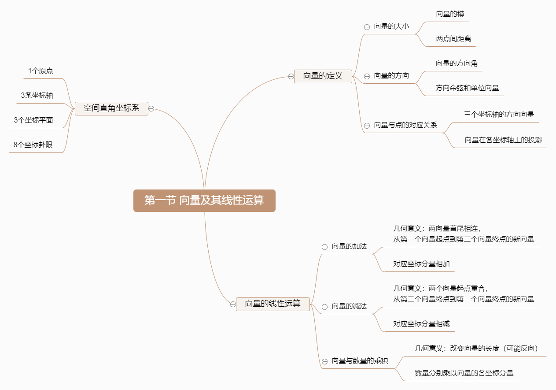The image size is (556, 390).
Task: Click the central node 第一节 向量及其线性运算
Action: click(x=204, y=201)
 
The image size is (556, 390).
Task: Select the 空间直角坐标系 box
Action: click(x=111, y=108)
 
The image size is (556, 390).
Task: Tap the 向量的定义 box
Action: click(x=323, y=76)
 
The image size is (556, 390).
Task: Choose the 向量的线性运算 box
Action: click(x=272, y=304)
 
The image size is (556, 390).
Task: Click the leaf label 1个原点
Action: click(x=41, y=71)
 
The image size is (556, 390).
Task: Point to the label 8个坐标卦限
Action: click(x=33, y=145)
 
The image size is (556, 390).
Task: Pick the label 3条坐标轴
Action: click(x=37, y=95)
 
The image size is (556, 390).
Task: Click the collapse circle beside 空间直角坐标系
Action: click(x=151, y=108)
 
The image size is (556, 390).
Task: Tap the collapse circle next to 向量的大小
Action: click(x=367, y=27)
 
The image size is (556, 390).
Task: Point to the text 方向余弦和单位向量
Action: click(x=467, y=88)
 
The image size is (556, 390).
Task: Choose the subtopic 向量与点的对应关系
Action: click(x=405, y=125)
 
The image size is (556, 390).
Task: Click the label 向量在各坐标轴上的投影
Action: click(x=503, y=140)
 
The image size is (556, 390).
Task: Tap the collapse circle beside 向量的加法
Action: click(x=324, y=247)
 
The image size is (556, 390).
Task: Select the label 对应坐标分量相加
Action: click(x=421, y=264)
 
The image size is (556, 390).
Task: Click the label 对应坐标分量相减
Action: click(x=421, y=324)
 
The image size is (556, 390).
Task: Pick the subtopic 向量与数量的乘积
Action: click(x=360, y=361)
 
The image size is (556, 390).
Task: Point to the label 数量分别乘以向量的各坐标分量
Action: click(x=464, y=373)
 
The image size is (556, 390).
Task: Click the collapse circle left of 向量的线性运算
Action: click(x=233, y=304)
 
